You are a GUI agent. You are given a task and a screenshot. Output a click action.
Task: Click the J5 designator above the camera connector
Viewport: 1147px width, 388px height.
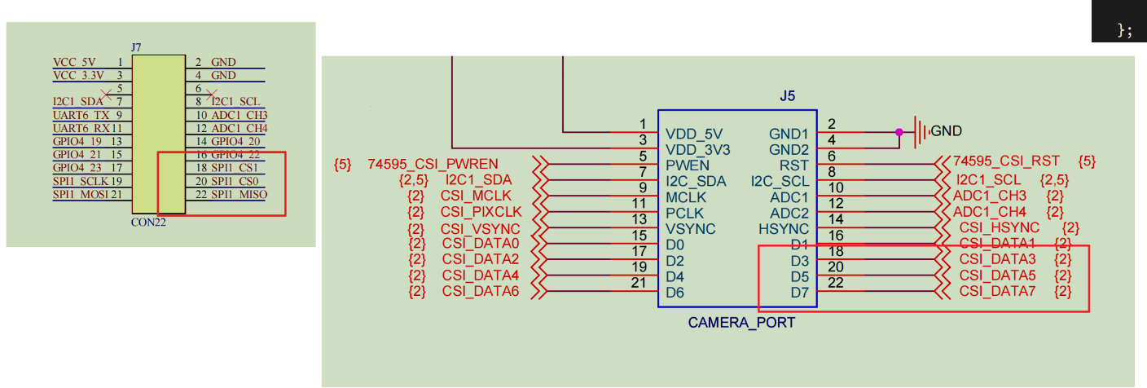click(787, 96)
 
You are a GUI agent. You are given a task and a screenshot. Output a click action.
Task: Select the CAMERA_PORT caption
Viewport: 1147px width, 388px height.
click(741, 323)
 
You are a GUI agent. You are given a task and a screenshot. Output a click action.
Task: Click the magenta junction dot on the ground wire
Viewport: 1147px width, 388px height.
click(899, 131)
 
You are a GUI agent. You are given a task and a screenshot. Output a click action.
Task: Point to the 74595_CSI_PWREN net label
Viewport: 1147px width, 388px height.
click(433, 165)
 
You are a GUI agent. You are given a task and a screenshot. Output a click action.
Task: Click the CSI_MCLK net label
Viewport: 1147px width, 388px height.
click(477, 196)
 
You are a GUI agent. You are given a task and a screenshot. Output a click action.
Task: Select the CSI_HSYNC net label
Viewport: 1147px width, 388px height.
click(1000, 228)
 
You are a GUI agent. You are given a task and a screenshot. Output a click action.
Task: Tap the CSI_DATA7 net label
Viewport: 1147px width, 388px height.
click(997, 291)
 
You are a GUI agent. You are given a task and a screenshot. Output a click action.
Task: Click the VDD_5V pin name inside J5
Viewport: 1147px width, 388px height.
click(694, 134)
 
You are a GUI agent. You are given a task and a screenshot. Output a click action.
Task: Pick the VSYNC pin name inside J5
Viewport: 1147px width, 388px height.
click(690, 229)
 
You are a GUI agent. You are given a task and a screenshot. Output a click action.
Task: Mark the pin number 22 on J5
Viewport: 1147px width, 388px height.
click(835, 283)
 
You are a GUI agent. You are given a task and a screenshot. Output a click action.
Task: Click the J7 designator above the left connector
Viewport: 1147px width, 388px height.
click(136, 49)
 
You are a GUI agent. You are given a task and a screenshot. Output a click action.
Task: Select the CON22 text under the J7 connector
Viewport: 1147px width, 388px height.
click(148, 222)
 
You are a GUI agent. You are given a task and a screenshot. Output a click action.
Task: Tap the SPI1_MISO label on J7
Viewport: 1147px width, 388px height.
click(239, 194)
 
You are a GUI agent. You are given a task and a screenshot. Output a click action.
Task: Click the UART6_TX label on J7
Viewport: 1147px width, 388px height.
click(81, 115)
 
